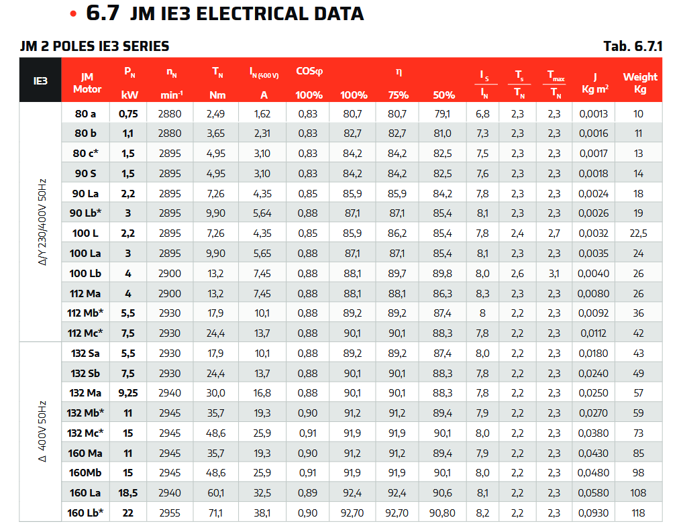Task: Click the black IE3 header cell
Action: [x=40, y=80]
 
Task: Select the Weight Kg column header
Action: [x=639, y=83]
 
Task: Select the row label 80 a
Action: [x=85, y=113]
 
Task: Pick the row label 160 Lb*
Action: [x=85, y=513]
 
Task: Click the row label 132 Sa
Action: [x=85, y=353]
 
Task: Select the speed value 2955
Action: [x=170, y=513]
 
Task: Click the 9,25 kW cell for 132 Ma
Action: [x=128, y=392]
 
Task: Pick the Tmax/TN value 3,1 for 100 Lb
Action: [x=554, y=273]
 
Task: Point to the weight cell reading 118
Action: [x=638, y=513]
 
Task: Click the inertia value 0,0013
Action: [x=594, y=113]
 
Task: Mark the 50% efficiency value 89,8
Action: [x=442, y=273]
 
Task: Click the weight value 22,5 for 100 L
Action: [x=638, y=233]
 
